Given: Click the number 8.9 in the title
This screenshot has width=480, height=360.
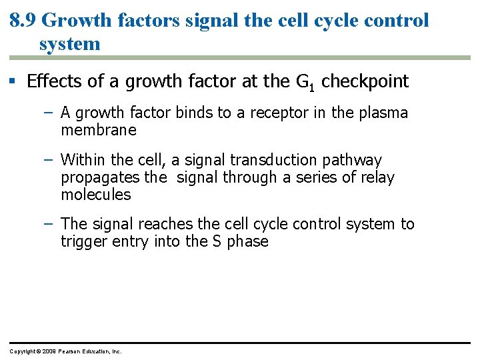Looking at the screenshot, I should pyautogui.click(x=23, y=20).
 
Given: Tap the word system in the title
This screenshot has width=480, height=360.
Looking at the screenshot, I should pyautogui.click(x=69, y=44).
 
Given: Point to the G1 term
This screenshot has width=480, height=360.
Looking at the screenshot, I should pyautogui.click(x=305, y=82).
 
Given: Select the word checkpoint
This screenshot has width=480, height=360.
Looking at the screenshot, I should pyautogui.click(x=365, y=81).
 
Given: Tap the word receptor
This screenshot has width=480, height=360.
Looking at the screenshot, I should pyautogui.click(x=271, y=113).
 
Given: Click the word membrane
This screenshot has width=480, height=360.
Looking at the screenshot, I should pyautogui.click(x=98, y=130).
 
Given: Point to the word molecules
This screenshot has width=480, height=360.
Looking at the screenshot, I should pyautogui.click(x=95, y=195).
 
